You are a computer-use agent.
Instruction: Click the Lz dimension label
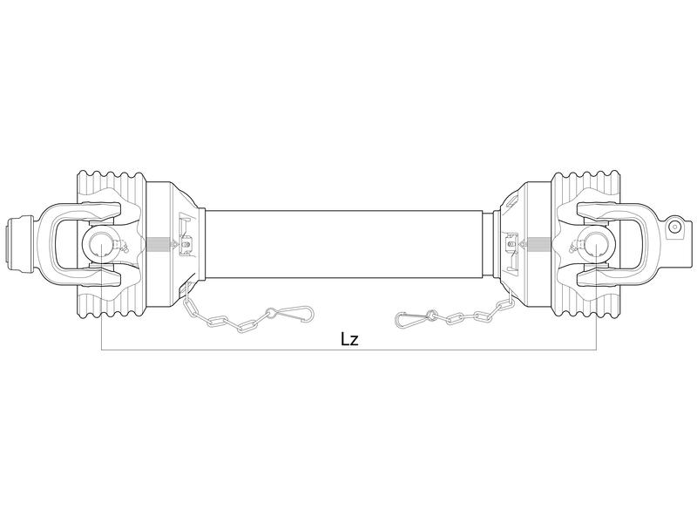click(348, 339)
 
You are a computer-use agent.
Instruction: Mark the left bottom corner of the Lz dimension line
click(102, 350)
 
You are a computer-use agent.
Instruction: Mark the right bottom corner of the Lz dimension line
click(596, 350)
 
